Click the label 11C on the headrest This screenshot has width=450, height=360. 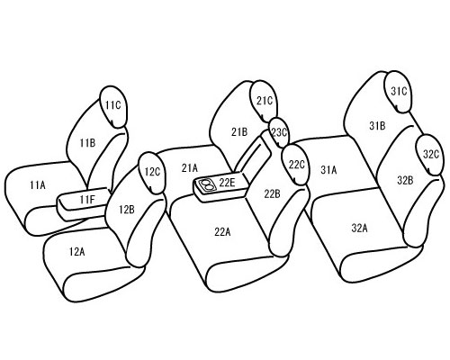112,105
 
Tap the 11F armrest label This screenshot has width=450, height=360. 87,199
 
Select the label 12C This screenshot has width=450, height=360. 152,172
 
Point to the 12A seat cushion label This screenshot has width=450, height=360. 76,251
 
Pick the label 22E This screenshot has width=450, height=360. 227,182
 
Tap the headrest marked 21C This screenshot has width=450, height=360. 263,102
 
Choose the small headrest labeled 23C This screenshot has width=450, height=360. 279,132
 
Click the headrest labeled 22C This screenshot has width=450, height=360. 295,165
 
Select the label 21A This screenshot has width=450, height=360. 190,168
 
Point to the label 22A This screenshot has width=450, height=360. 222,231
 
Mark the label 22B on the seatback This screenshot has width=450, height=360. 272,194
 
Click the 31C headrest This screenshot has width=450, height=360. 398,92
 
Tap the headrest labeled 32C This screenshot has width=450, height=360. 430,155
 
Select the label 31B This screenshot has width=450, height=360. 377,126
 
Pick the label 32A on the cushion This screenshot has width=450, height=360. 359,229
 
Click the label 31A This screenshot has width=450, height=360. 328,170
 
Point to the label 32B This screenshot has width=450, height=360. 405,180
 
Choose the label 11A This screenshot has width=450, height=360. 38,185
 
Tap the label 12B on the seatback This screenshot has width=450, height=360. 127,210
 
